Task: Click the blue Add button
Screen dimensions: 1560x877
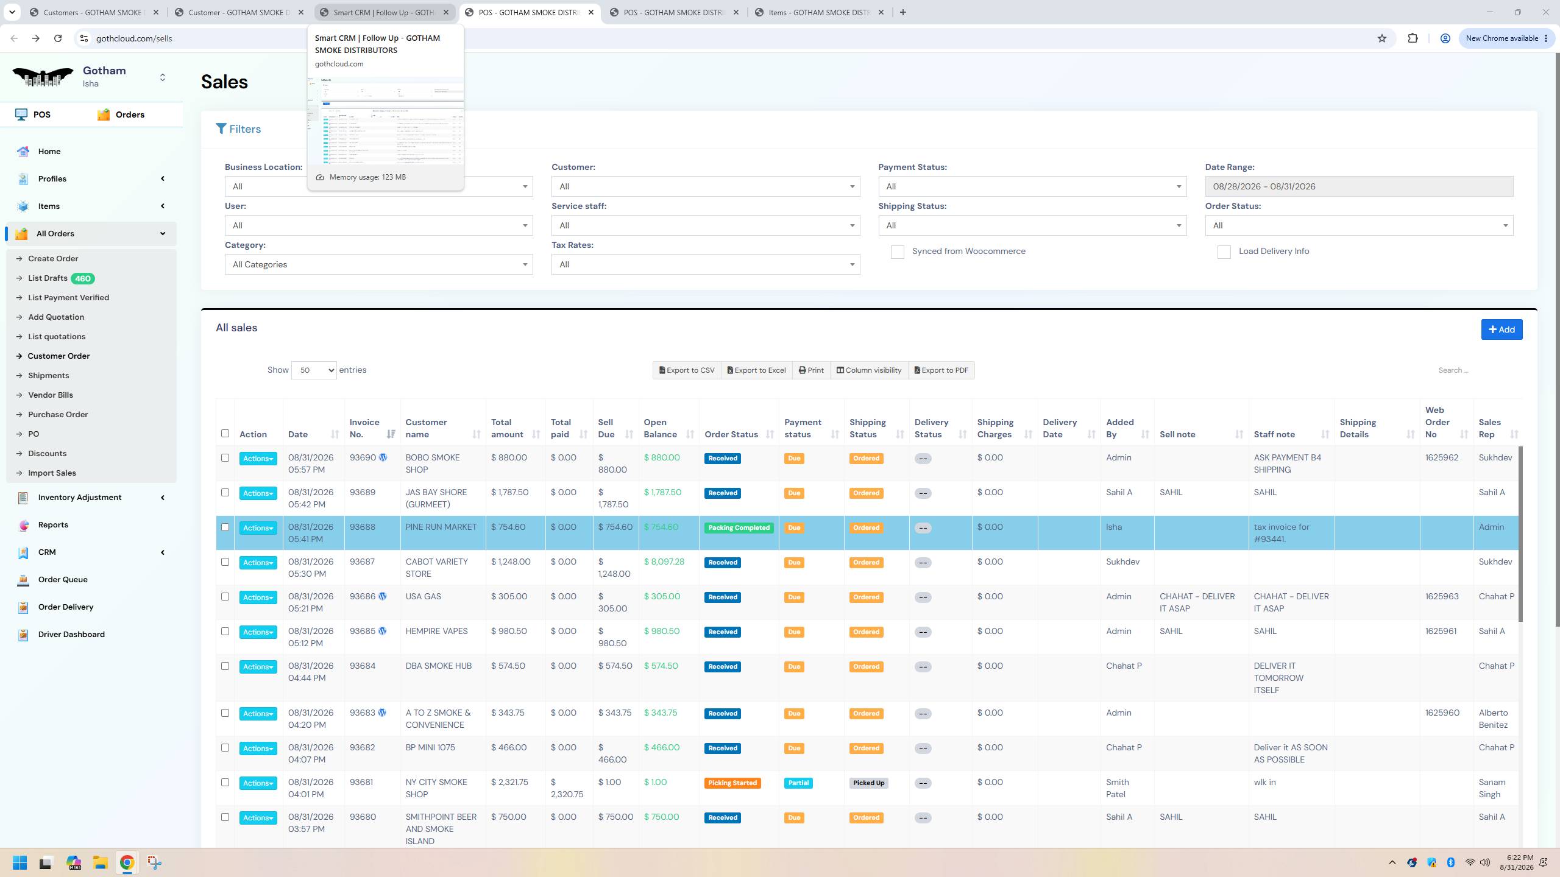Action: click(1501, 329)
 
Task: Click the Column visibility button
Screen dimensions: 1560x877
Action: click(868, 370)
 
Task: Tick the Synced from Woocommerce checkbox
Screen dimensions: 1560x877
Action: click(897, 252)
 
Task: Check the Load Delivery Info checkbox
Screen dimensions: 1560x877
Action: click(1224, 252)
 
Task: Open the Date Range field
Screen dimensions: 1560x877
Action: click(1359, 186)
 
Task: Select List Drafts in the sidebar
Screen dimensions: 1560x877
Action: click(48, 278)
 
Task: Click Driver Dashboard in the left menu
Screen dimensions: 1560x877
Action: click(71, 634)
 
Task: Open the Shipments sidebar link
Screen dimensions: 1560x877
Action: click(49, 376)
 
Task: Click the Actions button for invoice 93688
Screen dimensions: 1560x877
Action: click(258, 528)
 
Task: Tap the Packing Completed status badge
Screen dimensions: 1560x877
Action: click(739, 528)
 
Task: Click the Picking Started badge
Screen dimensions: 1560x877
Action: click(732, 783)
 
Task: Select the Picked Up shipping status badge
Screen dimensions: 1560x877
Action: click(868, 783)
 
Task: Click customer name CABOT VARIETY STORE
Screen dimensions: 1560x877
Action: click(437, 568)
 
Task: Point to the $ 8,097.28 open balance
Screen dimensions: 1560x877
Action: click(664, 562)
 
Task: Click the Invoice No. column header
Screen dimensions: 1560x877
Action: click(364, 428)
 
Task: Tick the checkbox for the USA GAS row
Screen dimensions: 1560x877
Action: click(225, 597)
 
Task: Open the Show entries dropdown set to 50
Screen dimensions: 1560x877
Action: click(314, 370)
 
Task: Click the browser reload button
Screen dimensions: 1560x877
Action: click(58, 38)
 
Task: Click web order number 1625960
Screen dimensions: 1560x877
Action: click(1442, 713)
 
